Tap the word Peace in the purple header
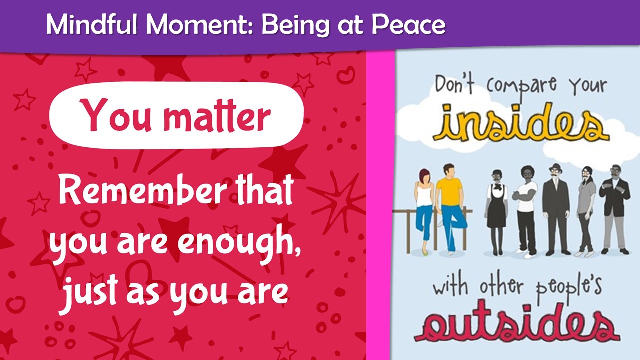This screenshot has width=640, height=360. pos(408,24)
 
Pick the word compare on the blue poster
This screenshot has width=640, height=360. pos(521,85)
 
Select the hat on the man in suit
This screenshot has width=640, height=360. pos(555,168)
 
